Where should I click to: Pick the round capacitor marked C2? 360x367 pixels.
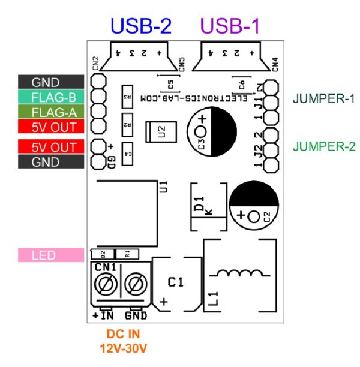(x=254, y=204)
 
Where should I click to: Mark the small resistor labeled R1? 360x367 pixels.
(x=127, y=254)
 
